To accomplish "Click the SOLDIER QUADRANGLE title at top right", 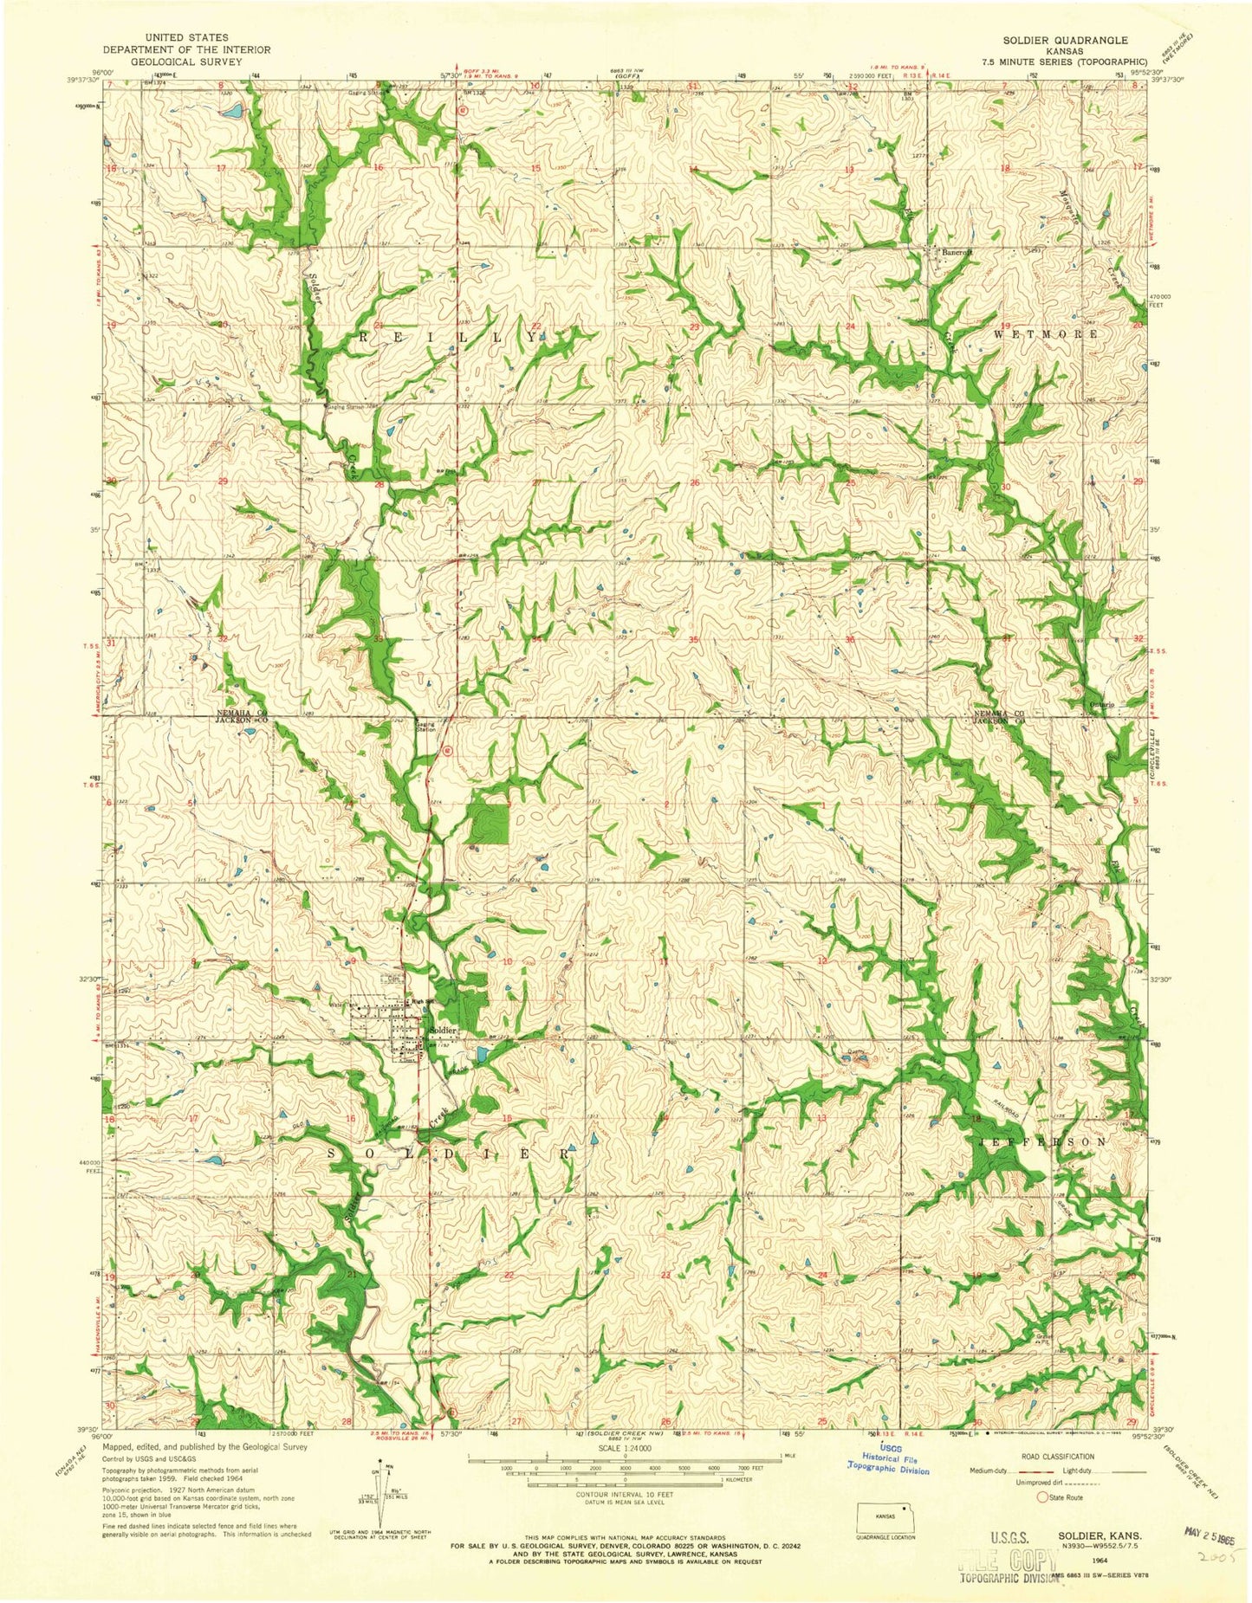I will (x=1077, y=40).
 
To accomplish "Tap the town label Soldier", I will (x=443, y=1031).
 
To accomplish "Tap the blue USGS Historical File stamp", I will (x=888, y=1464).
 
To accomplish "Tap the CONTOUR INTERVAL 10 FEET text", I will (x=625, y=1494).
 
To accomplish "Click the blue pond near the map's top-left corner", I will (x=232, y=112).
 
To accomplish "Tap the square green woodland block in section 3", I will (x=489, y=823).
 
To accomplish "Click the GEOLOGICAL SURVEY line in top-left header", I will (x=187, y=61).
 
